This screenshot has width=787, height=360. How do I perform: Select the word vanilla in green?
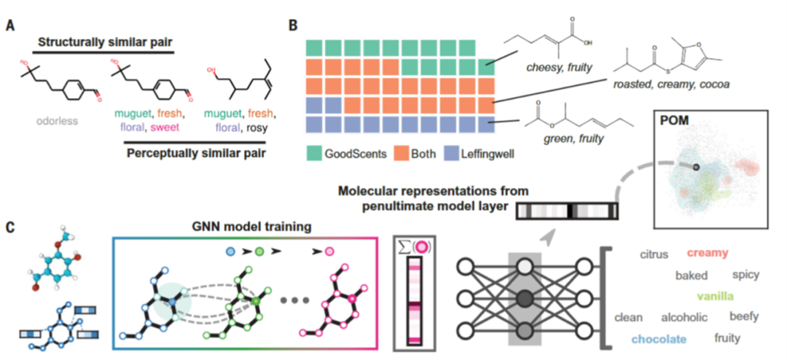click(714, 296)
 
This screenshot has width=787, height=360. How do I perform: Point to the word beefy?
click(744, 316)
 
